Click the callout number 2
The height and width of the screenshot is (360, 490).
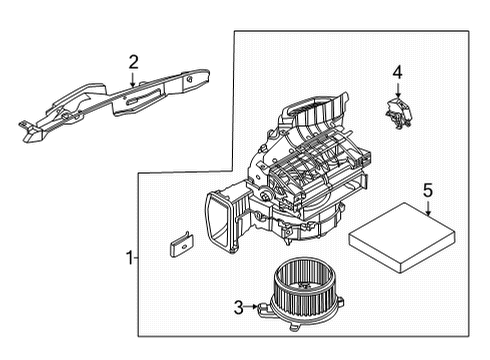point(133,63)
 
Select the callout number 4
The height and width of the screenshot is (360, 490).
point(396,72)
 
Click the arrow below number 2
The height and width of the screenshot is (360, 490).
point(133,80)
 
